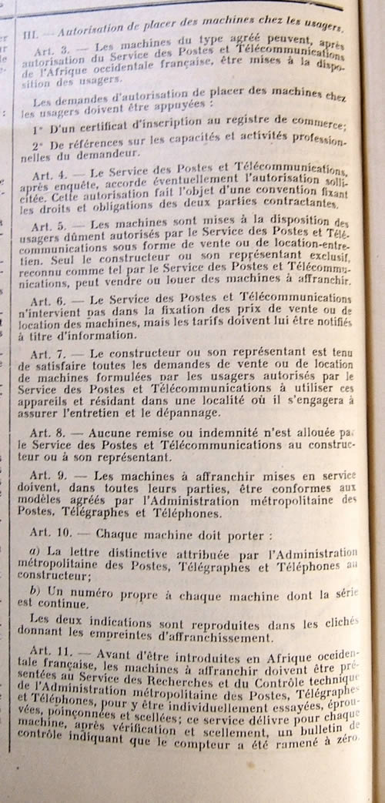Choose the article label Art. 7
coord(51,353)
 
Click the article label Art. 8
coord(50,433)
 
